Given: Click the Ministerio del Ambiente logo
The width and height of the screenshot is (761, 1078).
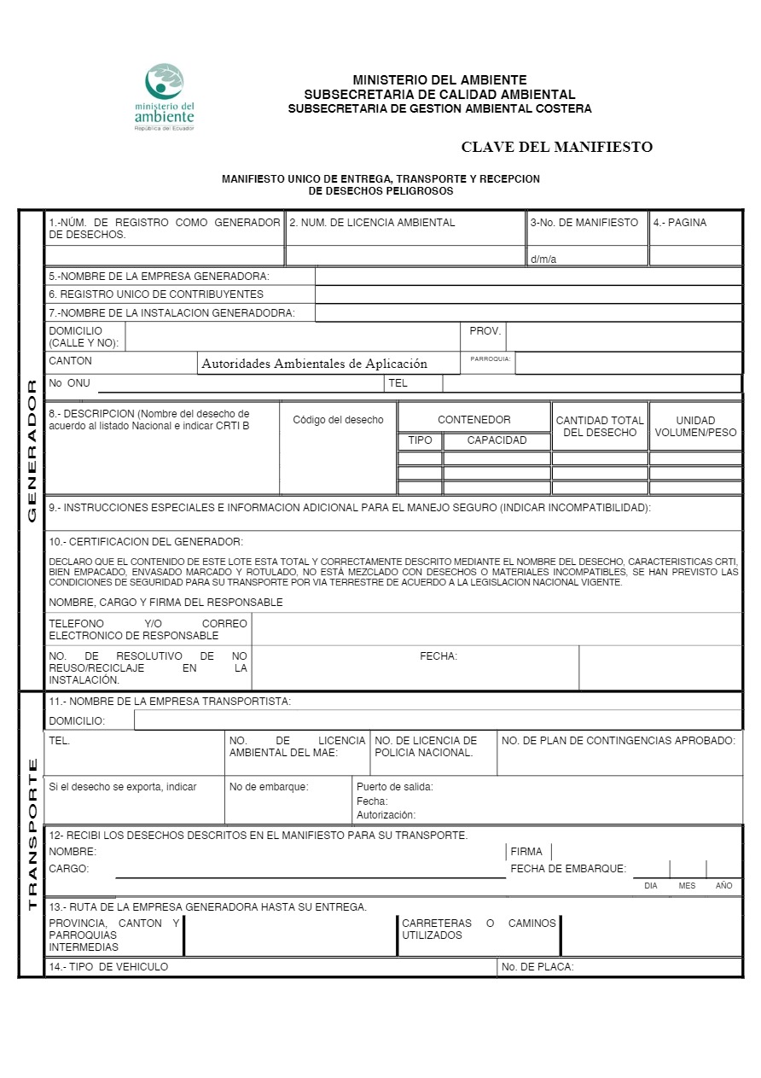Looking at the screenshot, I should point(165,96).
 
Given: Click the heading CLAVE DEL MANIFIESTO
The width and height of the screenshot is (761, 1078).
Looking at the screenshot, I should point(556,147).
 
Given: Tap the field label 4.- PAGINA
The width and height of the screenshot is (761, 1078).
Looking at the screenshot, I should point(680,223).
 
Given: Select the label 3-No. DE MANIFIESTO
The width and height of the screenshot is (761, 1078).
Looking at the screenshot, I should point(584,223).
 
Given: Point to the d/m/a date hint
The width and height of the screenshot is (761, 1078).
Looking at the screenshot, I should point(543,259).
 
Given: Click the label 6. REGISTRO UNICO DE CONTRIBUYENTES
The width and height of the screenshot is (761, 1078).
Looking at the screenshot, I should point(156,294).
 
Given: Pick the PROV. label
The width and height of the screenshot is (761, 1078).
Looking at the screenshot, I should point(485,330).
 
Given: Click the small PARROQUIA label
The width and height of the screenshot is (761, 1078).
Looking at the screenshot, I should point(491,359).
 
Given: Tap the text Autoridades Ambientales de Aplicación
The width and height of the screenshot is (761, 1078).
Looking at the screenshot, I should point(314,364).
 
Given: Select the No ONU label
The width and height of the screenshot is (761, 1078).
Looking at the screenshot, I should point(69,383).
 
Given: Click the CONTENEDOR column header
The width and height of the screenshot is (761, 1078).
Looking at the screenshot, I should point(474,420).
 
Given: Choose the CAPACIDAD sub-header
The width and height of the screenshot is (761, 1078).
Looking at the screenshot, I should point(497,441).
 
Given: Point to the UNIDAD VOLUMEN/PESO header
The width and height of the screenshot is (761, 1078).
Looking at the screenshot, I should point(695,427).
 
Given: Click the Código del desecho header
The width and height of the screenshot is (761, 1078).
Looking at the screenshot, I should point(338,420).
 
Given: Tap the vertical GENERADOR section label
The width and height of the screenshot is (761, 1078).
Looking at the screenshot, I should point(32,451).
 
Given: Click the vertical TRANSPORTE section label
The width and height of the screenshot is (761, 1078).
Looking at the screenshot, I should point(32,834).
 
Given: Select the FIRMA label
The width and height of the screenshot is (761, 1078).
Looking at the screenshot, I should point(526,852).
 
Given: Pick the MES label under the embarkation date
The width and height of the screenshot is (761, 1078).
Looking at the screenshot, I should point(687,886).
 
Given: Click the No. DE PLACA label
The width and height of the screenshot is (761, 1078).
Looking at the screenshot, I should point(537,967).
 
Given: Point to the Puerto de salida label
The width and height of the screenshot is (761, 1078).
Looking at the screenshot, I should point(394,787).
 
